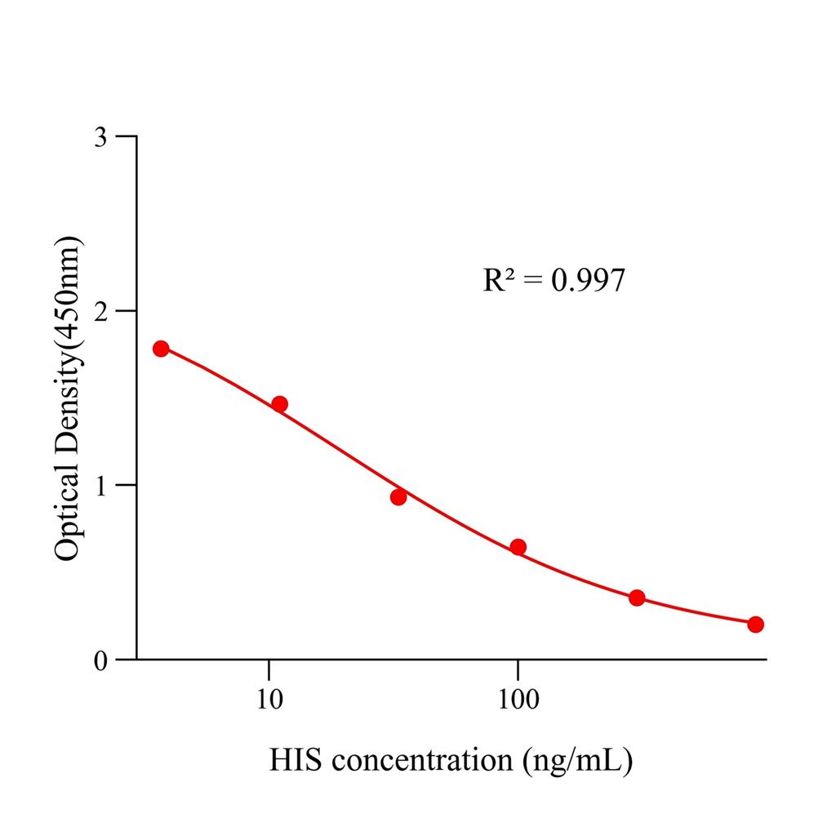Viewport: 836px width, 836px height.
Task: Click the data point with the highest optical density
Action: pyautogui.click(x=161, y=349)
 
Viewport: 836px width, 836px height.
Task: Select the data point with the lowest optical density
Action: pyautogui.click(x=755, y=625)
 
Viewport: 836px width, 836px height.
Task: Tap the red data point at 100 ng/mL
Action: pyautogui.click(x=518, y=547)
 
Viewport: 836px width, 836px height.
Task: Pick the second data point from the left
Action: pyautogui.click(x=279, y=404)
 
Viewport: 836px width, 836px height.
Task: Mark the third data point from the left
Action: pyautogui.click(x=398, y=497)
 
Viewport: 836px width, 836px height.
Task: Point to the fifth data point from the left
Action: pyautogui.click(x=637, y=598)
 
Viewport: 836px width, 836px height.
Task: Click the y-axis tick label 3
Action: pyautogui.click(x=100, y=136)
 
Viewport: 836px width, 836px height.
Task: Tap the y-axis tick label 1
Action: pyautogui.click(x=100, y=485)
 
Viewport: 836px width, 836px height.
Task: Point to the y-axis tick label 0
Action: pyautogui.click(x=100, y=660)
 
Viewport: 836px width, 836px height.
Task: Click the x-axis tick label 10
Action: pyautogui.click(x=269, y=700)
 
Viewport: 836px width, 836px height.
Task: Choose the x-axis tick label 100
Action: pyautogui.click(x=517, y=700)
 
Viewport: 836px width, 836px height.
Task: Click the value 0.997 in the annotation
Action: pyautogui.click(x=588, y=281)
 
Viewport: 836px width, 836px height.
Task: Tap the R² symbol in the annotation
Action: pyautogui.click(x=499, y=280)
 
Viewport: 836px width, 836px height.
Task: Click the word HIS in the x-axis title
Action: pyautogui.click(x=296, y=761)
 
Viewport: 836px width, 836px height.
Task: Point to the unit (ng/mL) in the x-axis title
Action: pyautogui.click(x=577, y=762)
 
